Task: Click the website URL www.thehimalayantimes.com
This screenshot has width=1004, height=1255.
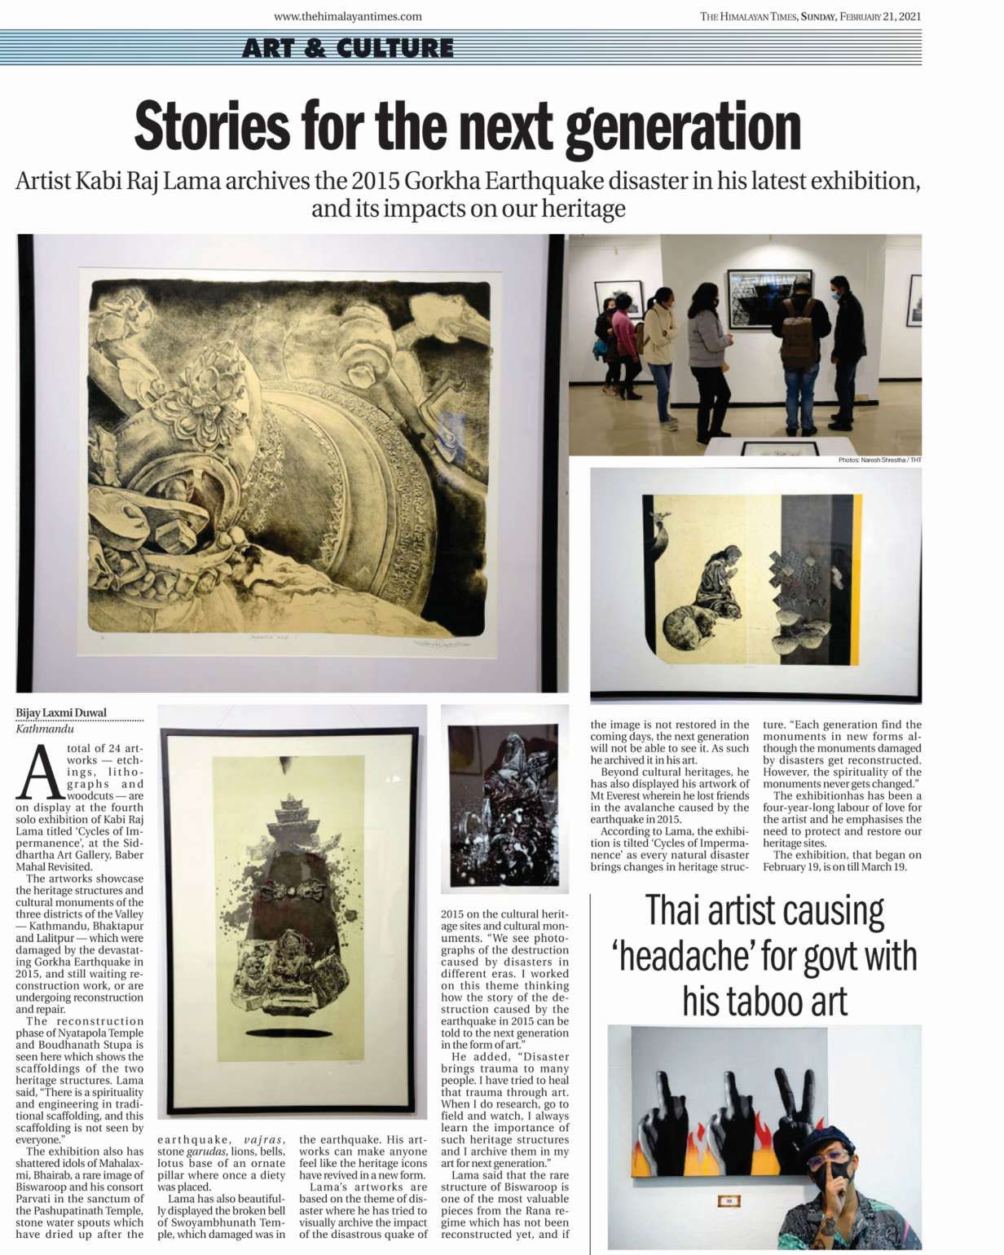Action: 347,16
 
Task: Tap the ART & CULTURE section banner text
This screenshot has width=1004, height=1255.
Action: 347,48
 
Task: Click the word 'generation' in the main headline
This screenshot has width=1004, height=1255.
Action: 683,129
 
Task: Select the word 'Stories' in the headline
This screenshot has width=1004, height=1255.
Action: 212,126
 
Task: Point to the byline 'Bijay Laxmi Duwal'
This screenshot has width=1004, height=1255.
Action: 61,712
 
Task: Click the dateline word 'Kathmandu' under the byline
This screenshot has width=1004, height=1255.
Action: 45,729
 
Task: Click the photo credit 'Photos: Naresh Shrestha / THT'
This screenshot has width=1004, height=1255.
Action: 879,460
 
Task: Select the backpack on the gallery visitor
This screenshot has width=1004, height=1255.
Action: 799,334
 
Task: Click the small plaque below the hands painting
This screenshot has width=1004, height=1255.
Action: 729,1200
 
